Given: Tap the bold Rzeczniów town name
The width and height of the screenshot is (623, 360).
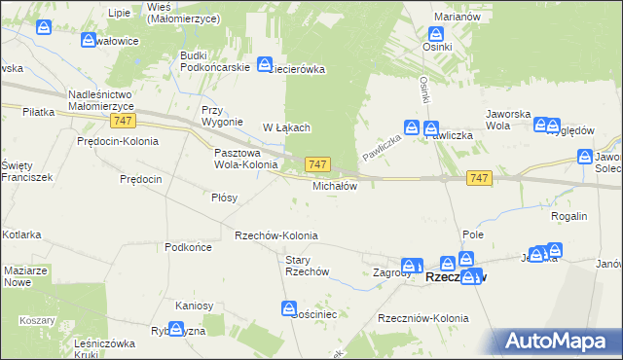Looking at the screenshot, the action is click(x=456, y=278).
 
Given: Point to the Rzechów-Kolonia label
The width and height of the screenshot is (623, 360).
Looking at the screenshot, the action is click(x=276, y=236).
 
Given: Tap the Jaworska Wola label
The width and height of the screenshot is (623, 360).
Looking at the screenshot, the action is click(x=511, y=120).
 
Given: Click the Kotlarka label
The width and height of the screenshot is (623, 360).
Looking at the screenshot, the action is click(x=20, y=235).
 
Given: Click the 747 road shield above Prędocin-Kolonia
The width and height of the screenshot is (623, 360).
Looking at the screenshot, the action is click(x=122, y=120).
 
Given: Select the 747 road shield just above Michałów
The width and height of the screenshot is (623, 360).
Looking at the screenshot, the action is click(x=318, y=164).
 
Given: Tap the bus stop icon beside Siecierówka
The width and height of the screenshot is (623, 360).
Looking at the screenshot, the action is click(x=265, y=64).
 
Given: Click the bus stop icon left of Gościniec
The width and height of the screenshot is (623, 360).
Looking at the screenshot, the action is click(x=290, y=309).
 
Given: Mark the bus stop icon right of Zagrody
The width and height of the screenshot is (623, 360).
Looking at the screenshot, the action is click(x=412, y=265).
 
